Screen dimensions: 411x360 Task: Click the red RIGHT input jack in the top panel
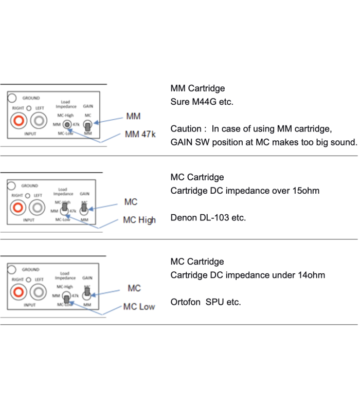coord(20,122)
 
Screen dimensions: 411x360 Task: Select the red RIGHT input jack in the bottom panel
coord(19,292)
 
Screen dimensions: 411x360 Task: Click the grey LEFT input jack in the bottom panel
coord(37,292)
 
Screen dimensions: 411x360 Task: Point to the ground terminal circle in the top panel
coord(11,97)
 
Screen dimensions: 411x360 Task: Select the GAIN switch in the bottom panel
coord(87,292)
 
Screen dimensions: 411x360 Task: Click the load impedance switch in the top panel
coord(67,125)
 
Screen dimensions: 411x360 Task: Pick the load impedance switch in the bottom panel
coord(66,297)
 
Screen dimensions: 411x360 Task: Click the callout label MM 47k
coord(140,135)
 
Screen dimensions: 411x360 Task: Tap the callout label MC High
coord(139,220)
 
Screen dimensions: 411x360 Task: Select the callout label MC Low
coord(139,307)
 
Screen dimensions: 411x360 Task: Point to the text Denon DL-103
coord(199,217)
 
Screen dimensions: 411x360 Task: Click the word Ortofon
coord(186,302)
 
